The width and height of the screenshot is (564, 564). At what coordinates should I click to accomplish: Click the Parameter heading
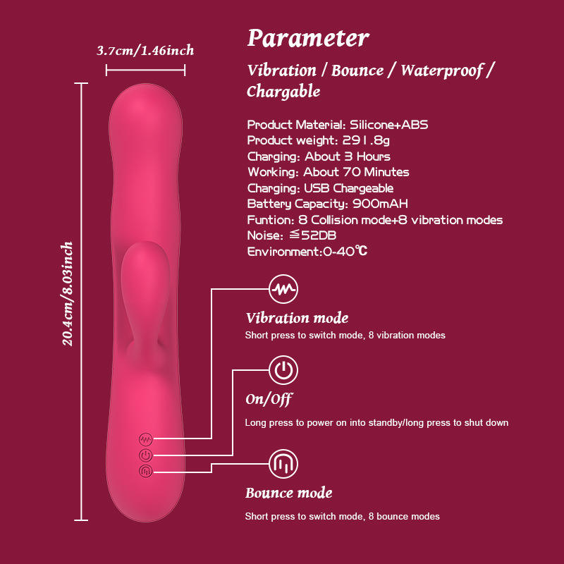tap(308, 38)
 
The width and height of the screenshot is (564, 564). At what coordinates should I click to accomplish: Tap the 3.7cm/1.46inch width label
tap(145, 50)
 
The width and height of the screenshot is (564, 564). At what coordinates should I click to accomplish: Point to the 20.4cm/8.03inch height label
tap(68, 293)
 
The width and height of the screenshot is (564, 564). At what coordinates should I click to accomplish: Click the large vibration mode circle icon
tap(283, 288)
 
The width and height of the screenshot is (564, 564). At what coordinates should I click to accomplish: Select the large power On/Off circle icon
tap(283, 369)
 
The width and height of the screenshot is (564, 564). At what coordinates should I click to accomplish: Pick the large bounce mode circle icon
tap(283, 464)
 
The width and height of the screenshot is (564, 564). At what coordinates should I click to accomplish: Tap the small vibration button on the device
tap(146, 439)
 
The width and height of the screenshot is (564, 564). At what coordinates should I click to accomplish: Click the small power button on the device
tap(146, 455)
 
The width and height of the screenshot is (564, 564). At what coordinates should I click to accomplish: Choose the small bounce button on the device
tap(146, 470)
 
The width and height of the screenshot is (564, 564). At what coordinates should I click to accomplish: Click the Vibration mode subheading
tap(297, 318)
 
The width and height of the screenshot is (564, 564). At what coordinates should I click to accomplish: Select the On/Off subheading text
tap(269, 399)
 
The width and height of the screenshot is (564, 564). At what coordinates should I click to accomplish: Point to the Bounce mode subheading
tap(288, 493)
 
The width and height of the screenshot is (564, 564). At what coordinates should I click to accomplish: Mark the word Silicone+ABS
tap(389, 125)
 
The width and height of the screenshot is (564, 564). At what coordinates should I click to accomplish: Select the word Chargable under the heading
tap(283, 92)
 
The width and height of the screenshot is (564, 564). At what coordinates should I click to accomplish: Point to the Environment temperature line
tap(307, 251)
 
